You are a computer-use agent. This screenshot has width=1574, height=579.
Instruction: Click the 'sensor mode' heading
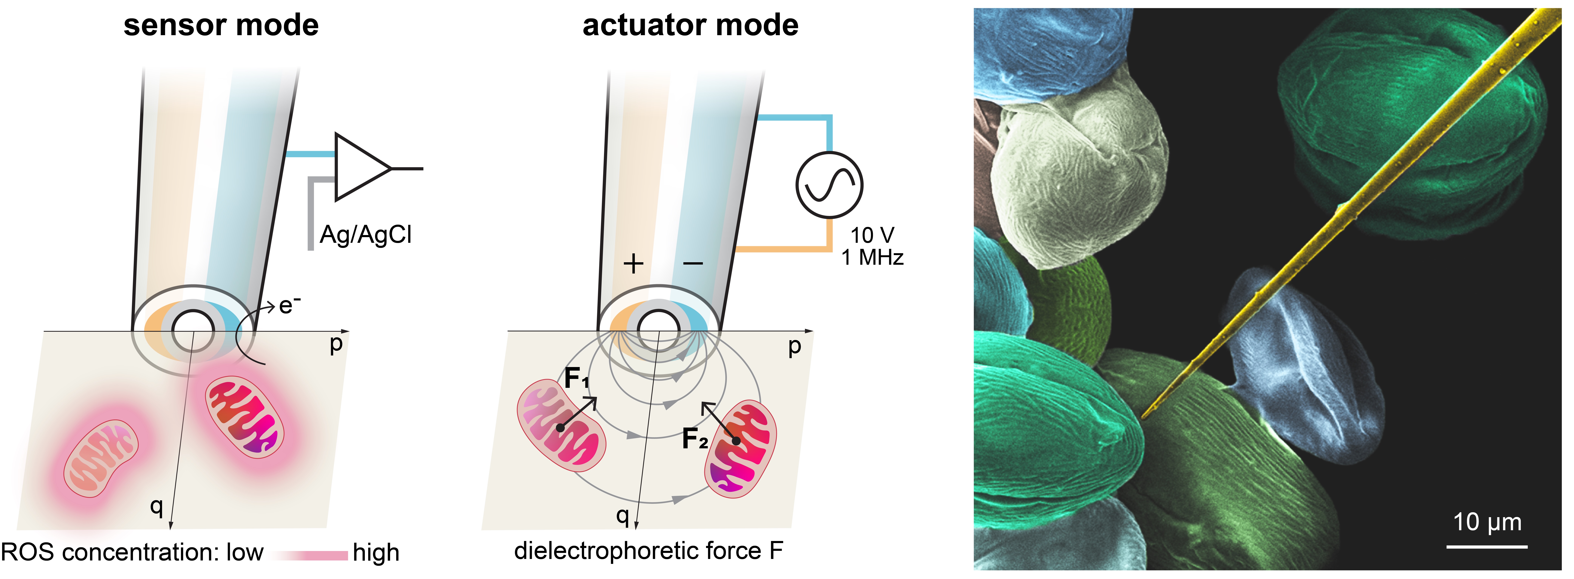pyautogui.click(x=221, y=26)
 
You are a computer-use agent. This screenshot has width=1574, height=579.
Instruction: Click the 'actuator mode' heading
pyautogui.click(x=691, y=26)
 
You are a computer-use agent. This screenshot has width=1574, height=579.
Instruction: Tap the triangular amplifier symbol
pyautogui.click(x=360, y=167)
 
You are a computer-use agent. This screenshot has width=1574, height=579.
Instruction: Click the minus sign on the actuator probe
pyautogui.click(x=693, y=264)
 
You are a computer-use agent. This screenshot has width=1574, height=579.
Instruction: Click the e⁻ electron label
pyautogui.click(x=289, y=305)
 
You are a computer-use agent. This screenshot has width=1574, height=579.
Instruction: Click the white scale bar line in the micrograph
pyautogui.click(x=1487, y=546)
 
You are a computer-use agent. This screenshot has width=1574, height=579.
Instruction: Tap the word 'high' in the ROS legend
pyautogui.click(x=376, y=553)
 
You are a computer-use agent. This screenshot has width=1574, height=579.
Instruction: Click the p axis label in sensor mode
pyautogui.click(x=336, y=344)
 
